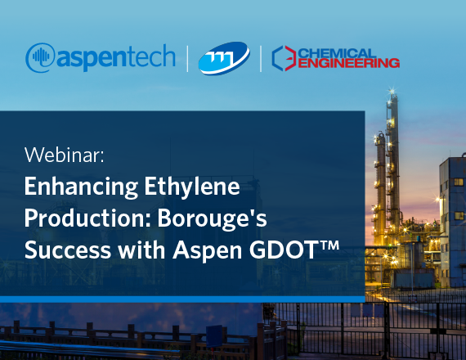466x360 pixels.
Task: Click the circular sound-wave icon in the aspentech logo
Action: (40, 57)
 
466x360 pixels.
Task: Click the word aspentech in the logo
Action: (116, 58)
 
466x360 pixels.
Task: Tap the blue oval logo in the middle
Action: (224, 58)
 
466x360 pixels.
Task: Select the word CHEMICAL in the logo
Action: (337, 54)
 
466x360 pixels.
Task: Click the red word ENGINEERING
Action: (348, 63)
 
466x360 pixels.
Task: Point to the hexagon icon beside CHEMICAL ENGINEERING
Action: (285, 58)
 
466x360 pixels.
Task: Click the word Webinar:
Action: (65, 155)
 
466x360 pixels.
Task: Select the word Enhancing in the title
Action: (81, 187)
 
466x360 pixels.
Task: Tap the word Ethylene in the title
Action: (192, 187)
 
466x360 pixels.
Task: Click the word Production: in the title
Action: (87, 218)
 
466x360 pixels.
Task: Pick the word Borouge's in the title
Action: (212, 218)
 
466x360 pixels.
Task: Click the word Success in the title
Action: (68, 250)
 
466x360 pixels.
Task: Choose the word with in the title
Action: (141, 250)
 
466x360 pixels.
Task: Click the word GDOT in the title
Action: (283, 250)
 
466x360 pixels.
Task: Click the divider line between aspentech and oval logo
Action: (187, 59)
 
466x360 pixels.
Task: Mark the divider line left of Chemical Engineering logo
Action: (261, 59)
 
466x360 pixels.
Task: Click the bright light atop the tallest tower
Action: (393, 91)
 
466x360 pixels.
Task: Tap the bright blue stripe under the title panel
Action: (182, 299)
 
